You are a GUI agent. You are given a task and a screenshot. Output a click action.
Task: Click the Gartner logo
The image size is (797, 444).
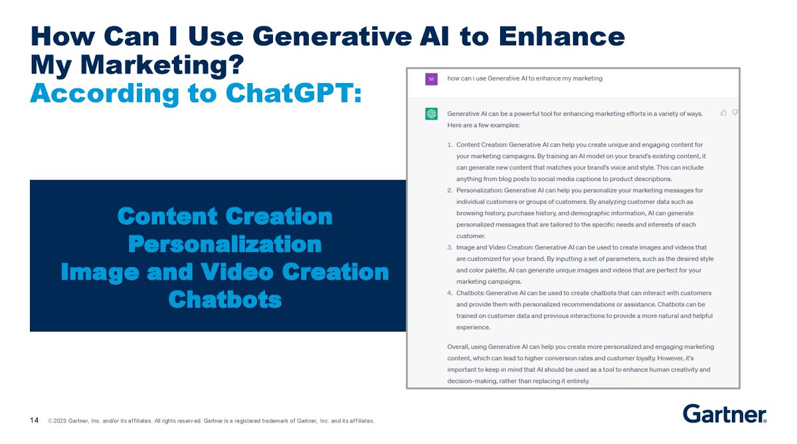725,413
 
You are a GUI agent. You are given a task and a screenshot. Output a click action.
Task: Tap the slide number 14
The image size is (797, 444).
34,420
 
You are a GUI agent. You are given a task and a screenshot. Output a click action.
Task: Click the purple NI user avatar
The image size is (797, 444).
431,79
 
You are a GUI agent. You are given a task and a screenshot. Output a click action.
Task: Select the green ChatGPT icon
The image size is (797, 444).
431,114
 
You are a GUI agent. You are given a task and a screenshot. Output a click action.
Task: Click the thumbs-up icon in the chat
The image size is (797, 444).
723,113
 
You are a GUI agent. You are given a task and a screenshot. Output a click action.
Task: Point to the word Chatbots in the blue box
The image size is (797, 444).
224,300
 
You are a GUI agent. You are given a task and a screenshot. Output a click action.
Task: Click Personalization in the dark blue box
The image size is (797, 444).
224,244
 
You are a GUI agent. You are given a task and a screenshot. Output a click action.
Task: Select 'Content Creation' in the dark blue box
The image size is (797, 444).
224,216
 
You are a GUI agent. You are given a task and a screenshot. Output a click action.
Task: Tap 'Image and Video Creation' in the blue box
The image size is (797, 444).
224,272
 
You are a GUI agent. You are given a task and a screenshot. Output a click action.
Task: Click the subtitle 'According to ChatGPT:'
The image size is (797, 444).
196,94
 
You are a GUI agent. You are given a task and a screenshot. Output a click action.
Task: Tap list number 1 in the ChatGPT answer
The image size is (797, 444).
450,145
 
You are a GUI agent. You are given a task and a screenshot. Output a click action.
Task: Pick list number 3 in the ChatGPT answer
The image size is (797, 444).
450,247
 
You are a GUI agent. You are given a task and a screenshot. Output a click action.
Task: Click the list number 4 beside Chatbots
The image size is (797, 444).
450,293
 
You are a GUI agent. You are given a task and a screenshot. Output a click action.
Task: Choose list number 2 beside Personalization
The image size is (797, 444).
450,190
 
